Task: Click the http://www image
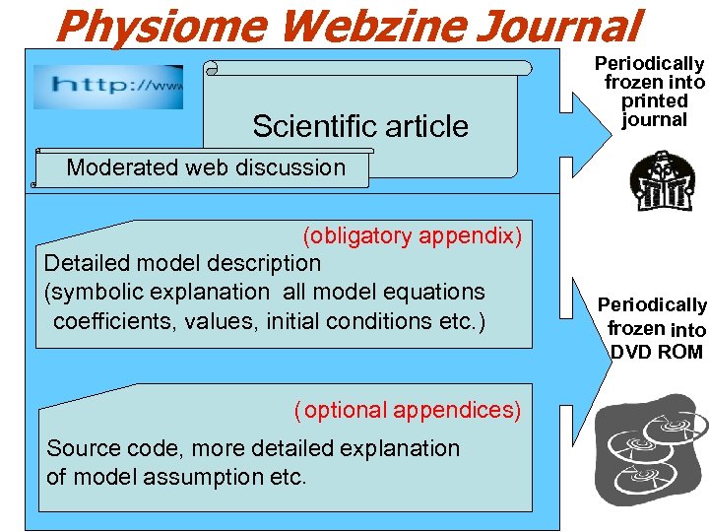(107, 86)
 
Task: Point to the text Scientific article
(359, 126)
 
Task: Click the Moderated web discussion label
(206, 167)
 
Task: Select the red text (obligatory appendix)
(412, 235)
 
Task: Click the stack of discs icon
(653, 444)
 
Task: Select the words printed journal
(654, 110)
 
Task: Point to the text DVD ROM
(656, 352)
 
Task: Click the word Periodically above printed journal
(649, 63)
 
